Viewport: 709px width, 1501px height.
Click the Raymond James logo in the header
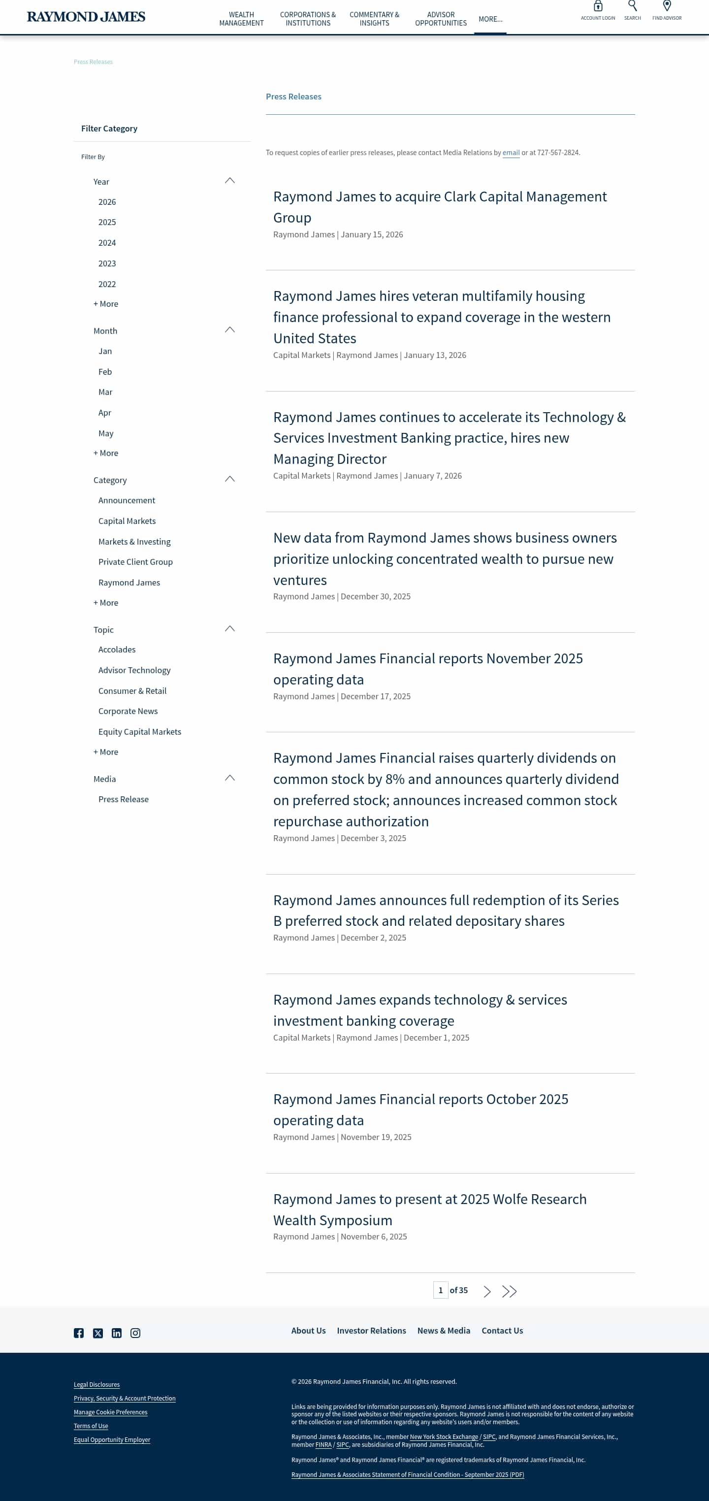86,17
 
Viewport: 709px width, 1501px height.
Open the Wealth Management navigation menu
241,19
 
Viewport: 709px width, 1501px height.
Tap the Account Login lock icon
598,7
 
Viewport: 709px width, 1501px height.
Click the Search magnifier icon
632,6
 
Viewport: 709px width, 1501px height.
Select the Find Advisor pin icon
667,6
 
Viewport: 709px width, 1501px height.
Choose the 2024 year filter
107,243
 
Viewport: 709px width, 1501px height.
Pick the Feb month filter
105,372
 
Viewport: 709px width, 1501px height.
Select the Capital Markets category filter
127,521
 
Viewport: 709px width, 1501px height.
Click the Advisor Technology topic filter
134,670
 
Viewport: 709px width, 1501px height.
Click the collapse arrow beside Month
230,330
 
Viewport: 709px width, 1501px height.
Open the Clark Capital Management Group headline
439,207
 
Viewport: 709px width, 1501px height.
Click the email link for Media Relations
511,153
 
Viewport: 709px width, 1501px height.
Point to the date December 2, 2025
373,938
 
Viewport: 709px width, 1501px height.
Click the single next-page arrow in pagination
487,1291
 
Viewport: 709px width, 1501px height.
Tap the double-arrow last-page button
509,1291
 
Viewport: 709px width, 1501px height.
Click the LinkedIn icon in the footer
117,1333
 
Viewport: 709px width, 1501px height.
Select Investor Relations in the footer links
371,1331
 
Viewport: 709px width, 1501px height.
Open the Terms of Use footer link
91,1426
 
